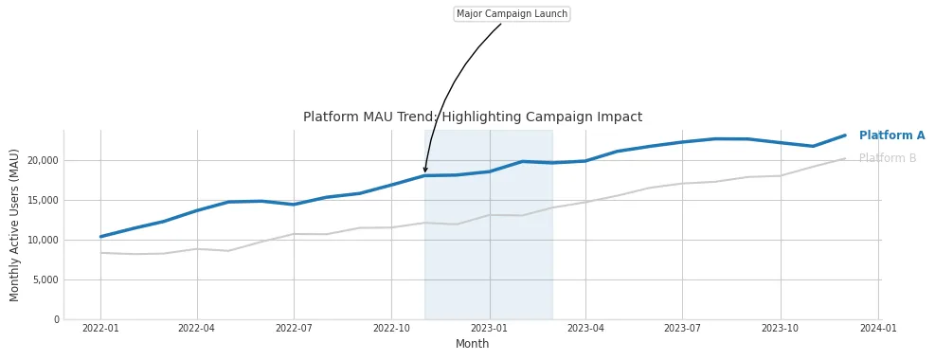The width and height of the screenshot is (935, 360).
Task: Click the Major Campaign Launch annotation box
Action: (512, 14)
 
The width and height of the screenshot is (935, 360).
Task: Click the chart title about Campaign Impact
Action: (472, 117)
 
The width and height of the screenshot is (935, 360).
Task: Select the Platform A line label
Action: (891, 135)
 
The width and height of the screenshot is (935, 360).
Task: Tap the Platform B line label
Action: (888, 158)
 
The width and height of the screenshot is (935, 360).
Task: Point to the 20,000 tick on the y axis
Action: (42, 160)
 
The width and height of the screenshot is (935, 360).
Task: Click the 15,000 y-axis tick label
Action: (42, 200)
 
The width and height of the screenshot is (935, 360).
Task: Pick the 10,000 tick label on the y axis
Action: (42, 240)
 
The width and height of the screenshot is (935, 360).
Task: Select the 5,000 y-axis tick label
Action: (45, 279)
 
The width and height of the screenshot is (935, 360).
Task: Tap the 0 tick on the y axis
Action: (56, 319)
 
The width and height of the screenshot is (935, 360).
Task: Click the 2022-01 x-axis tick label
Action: (100, 329)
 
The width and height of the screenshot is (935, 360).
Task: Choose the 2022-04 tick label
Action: (197, 329)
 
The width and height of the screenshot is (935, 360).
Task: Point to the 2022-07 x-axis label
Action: (294, 329)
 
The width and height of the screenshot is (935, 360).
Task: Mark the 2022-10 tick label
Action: (391, 329)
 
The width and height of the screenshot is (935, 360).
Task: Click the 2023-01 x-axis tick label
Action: (489, 329)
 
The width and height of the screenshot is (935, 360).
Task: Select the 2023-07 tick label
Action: (682, 329)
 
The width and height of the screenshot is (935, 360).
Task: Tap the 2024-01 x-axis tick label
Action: (878, 329)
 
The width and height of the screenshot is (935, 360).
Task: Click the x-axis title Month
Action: (472, 344)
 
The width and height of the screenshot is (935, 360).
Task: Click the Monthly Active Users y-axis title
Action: (15, 225)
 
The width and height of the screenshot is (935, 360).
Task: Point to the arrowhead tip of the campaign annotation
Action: (425, 172)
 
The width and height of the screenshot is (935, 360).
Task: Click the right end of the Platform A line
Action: (845, 135)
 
